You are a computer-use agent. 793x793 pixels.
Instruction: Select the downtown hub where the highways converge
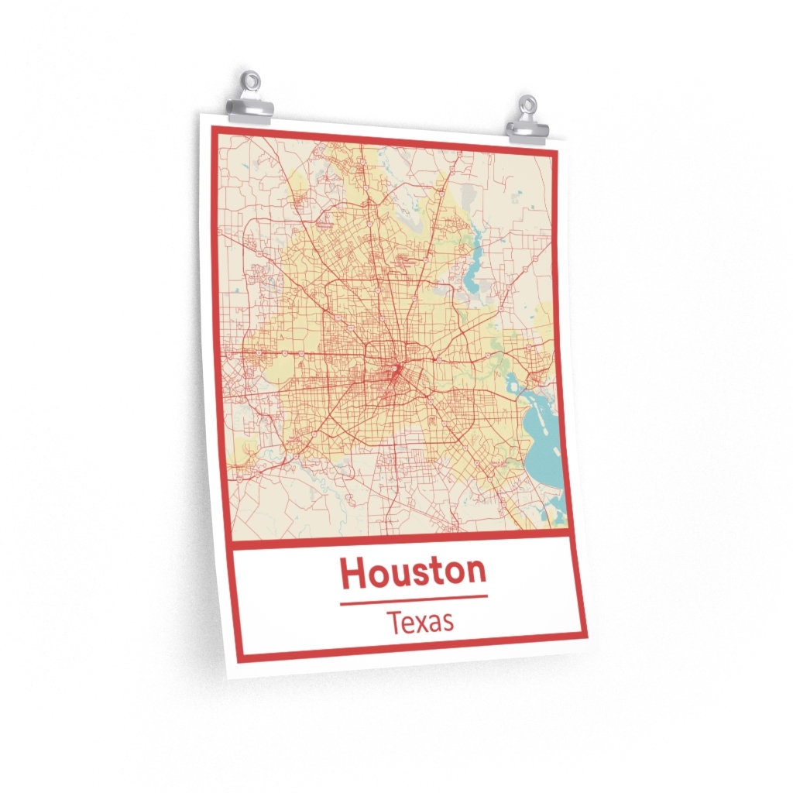click(x=396, y=369)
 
